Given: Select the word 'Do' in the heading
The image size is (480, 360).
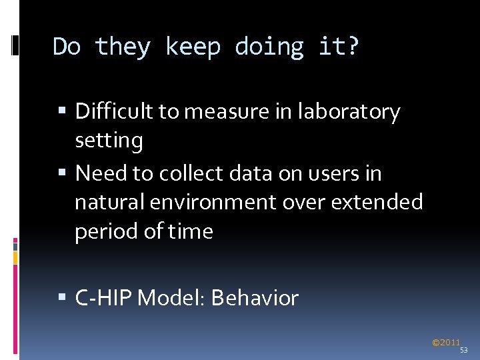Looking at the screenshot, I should pyautogui.click(x=67, y=47).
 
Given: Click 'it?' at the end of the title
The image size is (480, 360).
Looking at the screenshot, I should pyautogui.click(x=339, y=47).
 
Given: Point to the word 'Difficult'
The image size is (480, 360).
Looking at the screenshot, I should pyautogui.click(x=114, y=111).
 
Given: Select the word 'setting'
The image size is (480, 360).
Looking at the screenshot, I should pyautogui.click(x=109, y=141).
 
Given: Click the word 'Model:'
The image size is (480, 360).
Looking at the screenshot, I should pyautogui.click(x=171, y=297).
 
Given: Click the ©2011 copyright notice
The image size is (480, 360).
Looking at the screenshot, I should pyautogui.click(x=446, y=343).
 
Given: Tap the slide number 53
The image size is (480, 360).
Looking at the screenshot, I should pyautogui.click(x=464, y=349).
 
